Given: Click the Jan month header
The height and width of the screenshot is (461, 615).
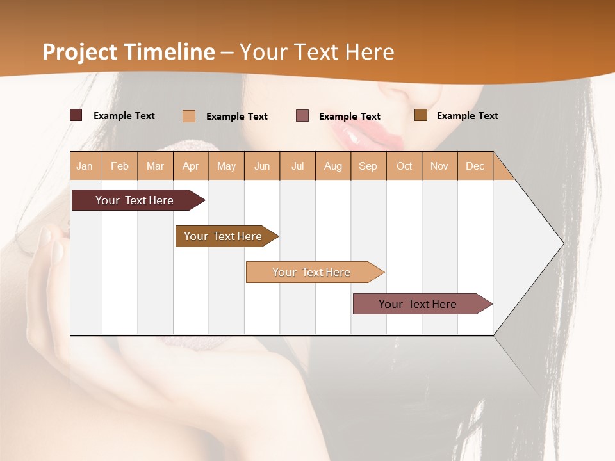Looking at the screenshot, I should pyautogui.click(x=85, y=166).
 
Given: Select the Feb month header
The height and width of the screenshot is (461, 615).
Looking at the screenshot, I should pyautogui.click(x=120, y=166).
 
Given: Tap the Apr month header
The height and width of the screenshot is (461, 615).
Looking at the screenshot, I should pyautogui.click(x=190, y=166).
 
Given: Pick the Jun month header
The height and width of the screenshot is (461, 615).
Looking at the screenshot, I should pyautogui.click(x=262, y=166).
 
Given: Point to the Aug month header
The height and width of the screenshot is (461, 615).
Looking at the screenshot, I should pyautogui.click(x=332, y=166).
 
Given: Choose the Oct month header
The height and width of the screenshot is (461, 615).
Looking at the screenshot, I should pyautogui.click(x=404, y=166).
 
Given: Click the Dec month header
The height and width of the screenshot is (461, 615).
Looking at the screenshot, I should pyautogui.click(x=475, y=166).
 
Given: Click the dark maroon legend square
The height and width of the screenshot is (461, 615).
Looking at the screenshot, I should pyautogui.click(x=76, y=115).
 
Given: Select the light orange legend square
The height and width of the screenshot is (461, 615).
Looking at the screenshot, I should pyautogui.click(x=189, y=116).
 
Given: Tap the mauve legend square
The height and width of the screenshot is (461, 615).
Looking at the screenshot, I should pyautogui.click(x=302, y=115).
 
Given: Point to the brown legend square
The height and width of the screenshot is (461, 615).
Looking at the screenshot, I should pyautogui.click(x=421, y=115).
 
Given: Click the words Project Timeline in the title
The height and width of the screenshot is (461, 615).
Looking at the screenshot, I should pyautogui.click(x=129, y=52).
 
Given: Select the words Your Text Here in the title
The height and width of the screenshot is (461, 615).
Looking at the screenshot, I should pyautogui.click(x=316, y=52).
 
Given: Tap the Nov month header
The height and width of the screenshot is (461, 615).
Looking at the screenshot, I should pyautogui.click(x=439, y=166).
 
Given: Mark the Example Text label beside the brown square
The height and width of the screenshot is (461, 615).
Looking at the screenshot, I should pyautogui.click(x=467, y=116).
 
